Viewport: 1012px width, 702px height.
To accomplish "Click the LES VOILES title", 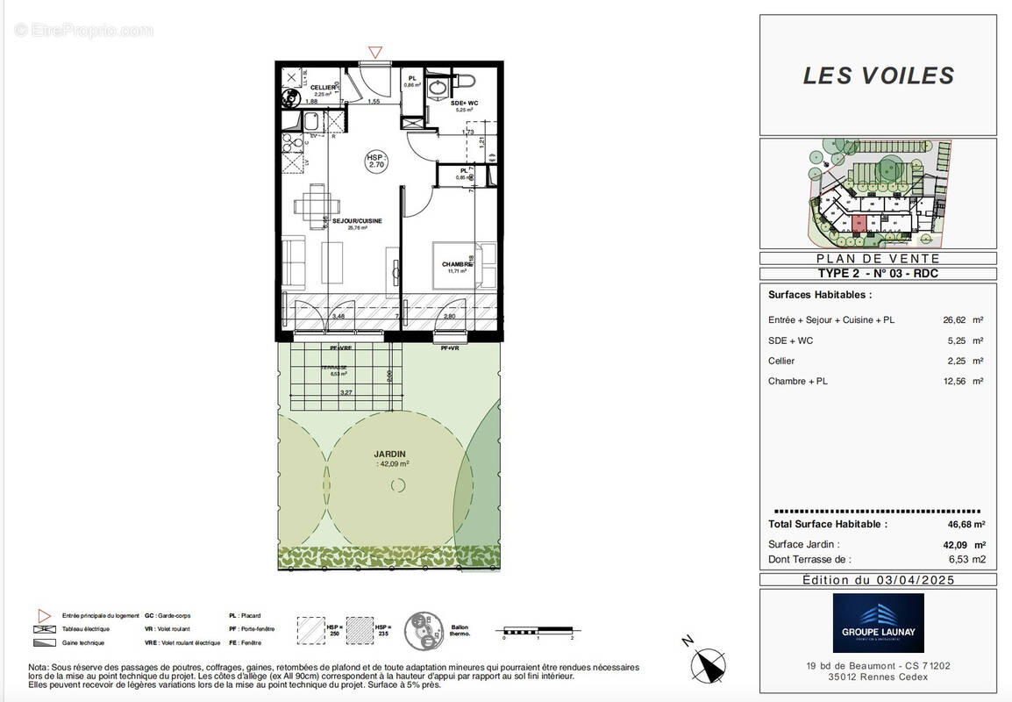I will (x=878, y=75).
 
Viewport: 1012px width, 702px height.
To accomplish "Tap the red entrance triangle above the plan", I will (x=375, y=53).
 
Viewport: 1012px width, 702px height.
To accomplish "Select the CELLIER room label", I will (x=323, y=89).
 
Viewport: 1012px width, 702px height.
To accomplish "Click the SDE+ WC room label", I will (x=464, y=104).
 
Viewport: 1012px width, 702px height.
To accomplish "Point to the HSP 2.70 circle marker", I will (x=375, y=160).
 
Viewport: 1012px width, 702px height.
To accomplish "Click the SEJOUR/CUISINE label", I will (x=357, y=222).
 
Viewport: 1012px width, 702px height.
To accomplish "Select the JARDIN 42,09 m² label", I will (x=392, y=458).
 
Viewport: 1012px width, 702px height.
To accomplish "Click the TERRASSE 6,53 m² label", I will (x=334, y=369).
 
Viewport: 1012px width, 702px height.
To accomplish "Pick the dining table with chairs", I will (x=313, y=207).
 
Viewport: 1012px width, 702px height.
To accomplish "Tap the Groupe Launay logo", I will (x=878, y=622).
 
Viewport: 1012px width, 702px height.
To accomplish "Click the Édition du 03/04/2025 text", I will (x=878, y=580).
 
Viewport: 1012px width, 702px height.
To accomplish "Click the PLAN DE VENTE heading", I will (x=878, y=259).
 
